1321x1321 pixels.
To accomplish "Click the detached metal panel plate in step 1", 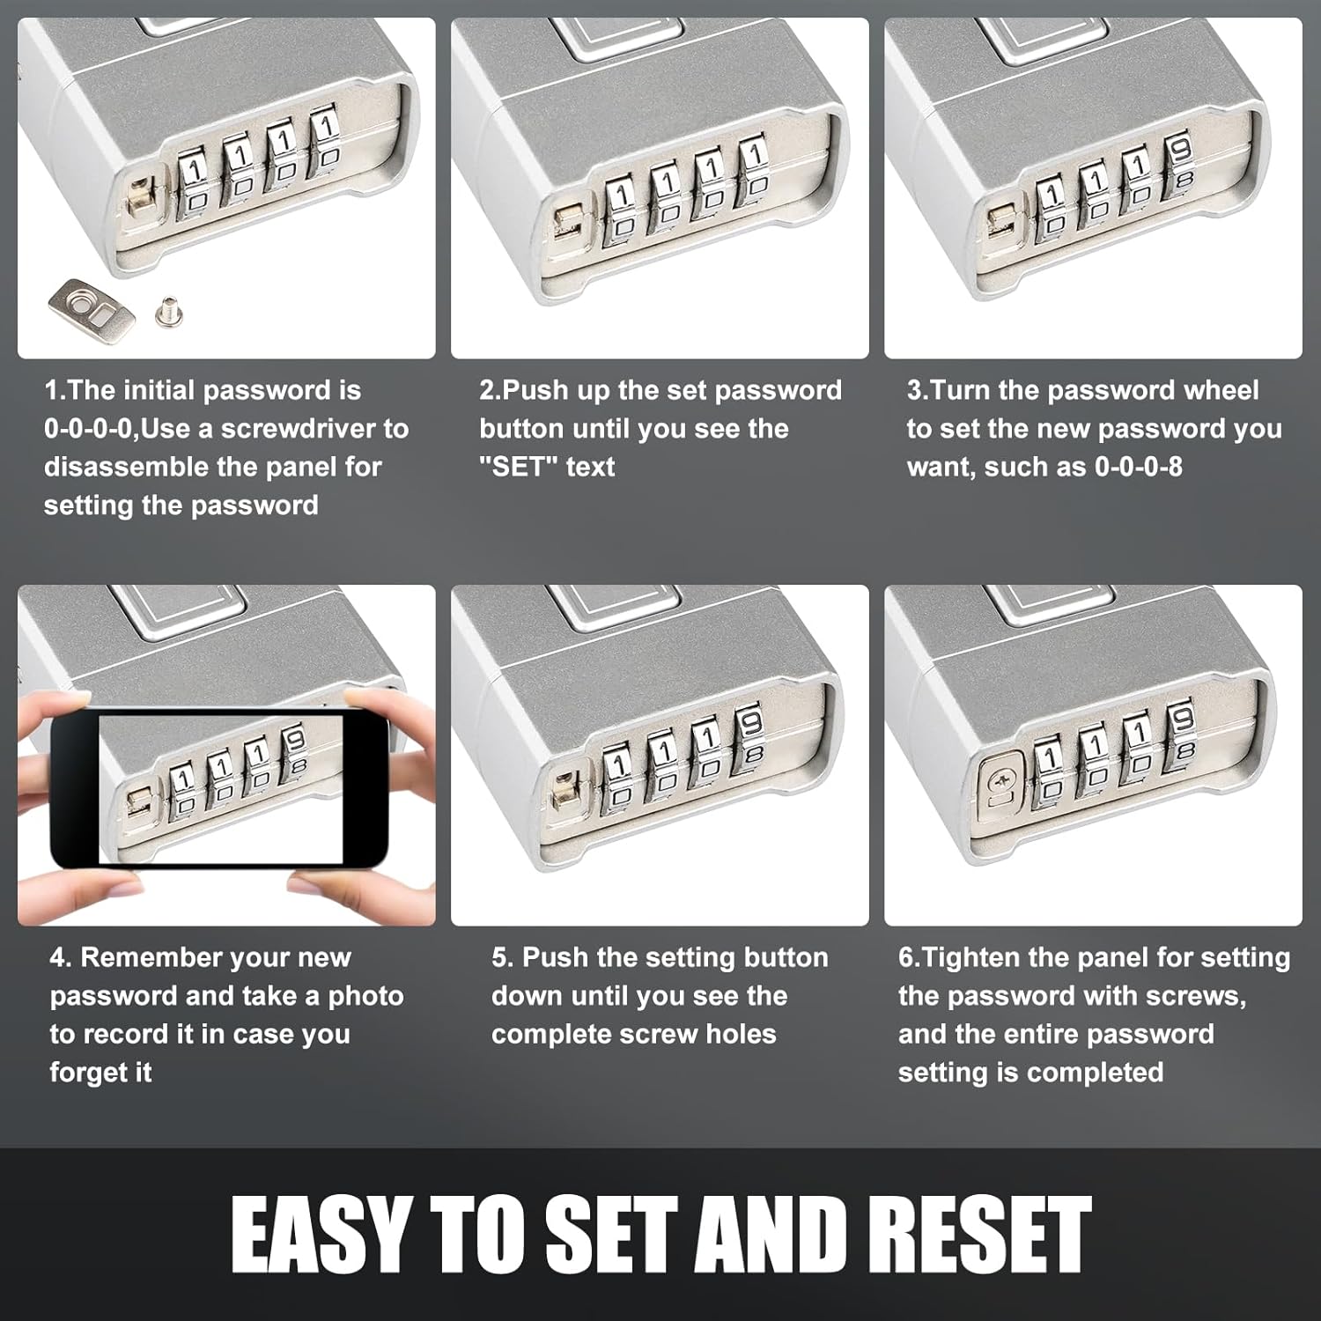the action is point(92,309).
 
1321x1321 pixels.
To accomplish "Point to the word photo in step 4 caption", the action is point(365,996).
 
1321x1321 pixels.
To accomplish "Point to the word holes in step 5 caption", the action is point(741,1034).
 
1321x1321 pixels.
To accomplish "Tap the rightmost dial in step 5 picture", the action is point(749,739).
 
